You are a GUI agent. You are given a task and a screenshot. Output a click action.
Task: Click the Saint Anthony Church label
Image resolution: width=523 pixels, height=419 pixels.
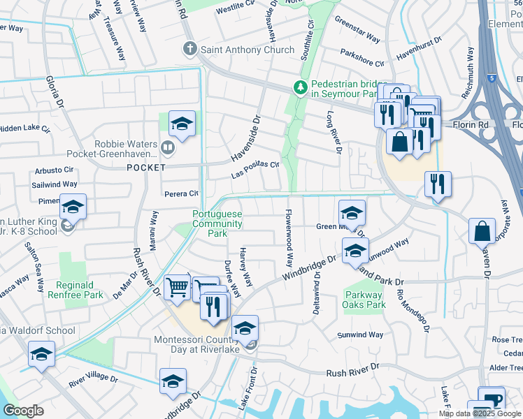click(x=238, y=50)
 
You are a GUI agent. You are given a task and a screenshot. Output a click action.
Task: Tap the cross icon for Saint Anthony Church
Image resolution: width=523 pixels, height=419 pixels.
click(x=189, y=50)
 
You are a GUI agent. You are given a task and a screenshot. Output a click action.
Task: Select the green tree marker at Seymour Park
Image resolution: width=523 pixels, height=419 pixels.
click(x=301, y=87)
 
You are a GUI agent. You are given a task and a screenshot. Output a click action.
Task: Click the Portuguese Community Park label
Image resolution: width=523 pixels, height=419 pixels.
click(x=217, y=223)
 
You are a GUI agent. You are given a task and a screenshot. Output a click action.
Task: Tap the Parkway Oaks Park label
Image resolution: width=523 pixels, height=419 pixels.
click(x=365, y=300)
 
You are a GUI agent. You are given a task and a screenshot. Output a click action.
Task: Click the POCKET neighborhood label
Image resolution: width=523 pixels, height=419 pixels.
click(x=146, y=168)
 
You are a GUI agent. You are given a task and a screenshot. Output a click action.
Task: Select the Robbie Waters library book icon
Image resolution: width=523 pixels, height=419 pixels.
click(x=166, y=147)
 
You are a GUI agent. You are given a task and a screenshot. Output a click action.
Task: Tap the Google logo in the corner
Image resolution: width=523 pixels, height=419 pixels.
click(x=23, y=411)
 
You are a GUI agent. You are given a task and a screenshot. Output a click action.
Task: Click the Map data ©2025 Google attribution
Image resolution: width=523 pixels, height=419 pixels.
click(x=479, y=413)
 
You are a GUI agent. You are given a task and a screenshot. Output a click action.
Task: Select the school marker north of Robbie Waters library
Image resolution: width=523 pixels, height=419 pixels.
click(x=182, y=125)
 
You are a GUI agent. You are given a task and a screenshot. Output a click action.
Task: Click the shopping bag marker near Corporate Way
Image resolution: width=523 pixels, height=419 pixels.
click(x=482, y=230)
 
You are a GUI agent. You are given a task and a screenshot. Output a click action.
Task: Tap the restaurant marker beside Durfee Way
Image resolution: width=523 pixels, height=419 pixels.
click(x=215, y=307)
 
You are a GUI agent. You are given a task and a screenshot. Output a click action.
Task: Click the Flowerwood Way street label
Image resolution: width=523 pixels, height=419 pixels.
click(x=287, y=238)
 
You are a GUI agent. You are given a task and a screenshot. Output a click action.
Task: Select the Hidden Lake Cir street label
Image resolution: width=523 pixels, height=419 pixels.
click(x=25, y=129)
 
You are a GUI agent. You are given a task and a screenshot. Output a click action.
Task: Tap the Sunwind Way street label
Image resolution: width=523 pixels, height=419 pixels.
click(x=360, y=335)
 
